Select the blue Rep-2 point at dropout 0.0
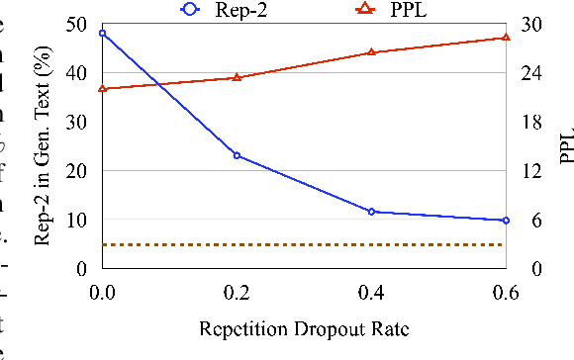pyautogui.click(x=102, y=34)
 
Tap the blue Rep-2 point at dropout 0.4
pyautogui.click(x=371, y=212)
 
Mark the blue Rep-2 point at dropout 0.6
pyautogui.click(x=506, y=220)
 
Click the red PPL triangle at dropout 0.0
pyautogui.click(x=102, y=89)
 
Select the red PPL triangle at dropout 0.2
pyautogui.click(x=237, y=76)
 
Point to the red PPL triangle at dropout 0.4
pyautogui.click(x=371, y=52)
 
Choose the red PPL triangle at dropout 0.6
pyautogui.click(x=506, y=37)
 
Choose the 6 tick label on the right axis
pyautogui.click(x=526, y=220)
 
